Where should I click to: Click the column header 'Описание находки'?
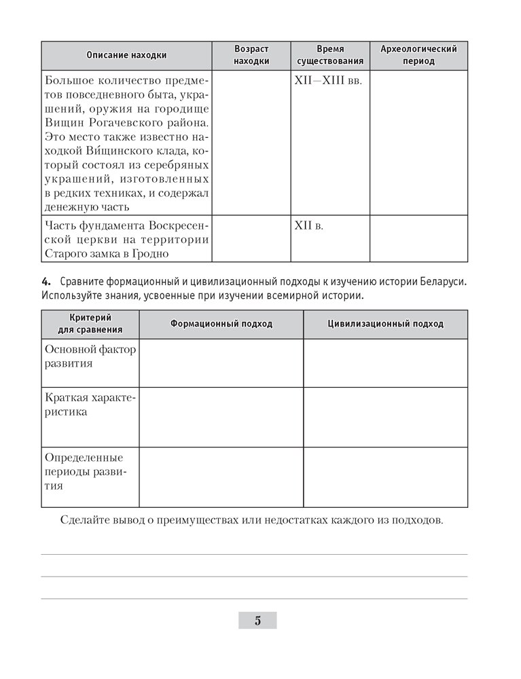click(x=126, y=55)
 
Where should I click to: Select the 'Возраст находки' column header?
click(x=251, y=55)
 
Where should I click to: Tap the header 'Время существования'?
click(x=330, y=55)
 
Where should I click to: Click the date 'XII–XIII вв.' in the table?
click(x=327, y=81)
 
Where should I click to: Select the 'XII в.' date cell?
click(x=309, y=225)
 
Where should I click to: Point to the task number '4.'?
click(x=46, y=282)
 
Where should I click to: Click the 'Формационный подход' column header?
click(x=221, y=324)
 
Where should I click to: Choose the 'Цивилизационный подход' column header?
click(x=385, y=324)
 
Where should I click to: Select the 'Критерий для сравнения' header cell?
click(x=90, y=323)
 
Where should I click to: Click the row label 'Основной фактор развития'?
click(x=90, y=356)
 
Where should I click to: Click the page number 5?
click(x=257, y=620)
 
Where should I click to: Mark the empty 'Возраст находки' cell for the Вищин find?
click(x=251, y=143)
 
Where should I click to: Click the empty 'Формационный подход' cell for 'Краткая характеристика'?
click(x=221, y=417)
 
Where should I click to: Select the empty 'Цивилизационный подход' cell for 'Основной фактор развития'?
click(x=385, y=363)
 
